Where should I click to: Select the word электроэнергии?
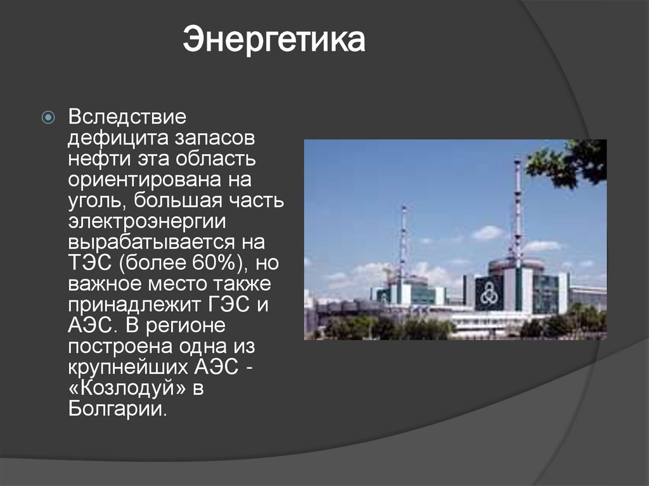tap(143, 222)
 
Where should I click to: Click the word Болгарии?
tap(117, 409)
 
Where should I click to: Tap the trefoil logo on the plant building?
tap(488, 293)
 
